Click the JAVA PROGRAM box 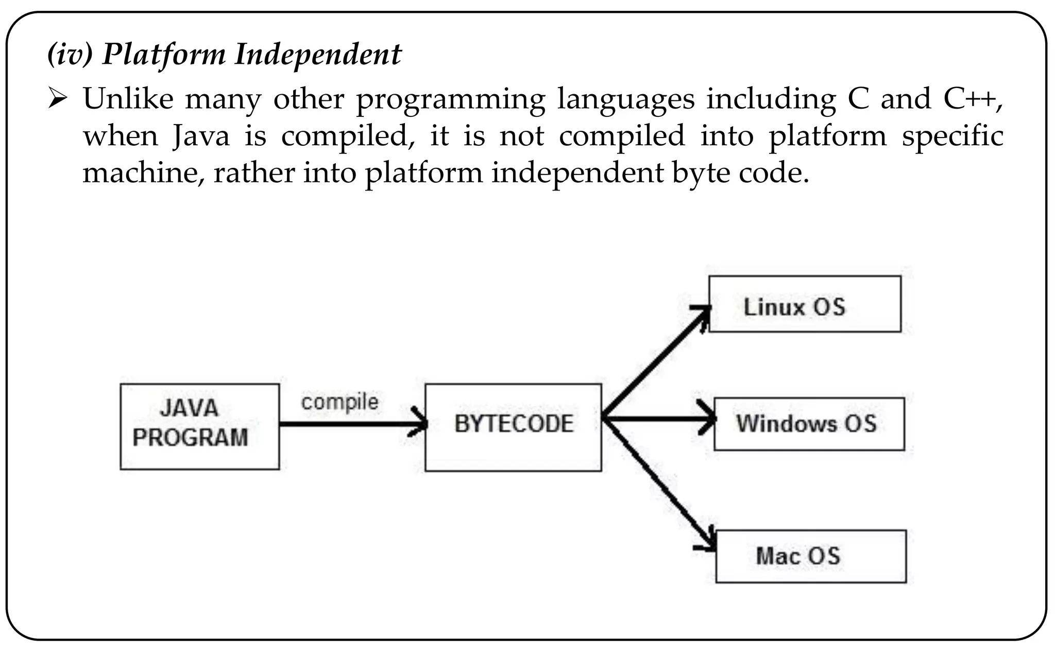pyautogui.click(x=199, y=426)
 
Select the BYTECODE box pyautogui.click(x=513, y=427)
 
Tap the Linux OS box pyautogui.click(x=804, y=304)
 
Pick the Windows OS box pyautogui.click(x=808, y=424)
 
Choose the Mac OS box pyautogui.click(x=810, y=556)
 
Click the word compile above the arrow pyautogui.click(x=339, y=402)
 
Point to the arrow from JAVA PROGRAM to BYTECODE pyautogui.click(x=350, y=424)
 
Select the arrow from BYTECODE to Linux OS pyautogui.click(x=654, y=364)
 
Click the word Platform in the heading pyautogui.click(x=164, y=54)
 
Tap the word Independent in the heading pyautogui.click(x=317, y=54)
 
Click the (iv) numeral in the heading pyautogui.click(x=70, y=54)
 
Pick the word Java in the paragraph pyautogui.click(x=201, y=136)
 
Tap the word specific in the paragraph pyautogui.click(x=952, y=136)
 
